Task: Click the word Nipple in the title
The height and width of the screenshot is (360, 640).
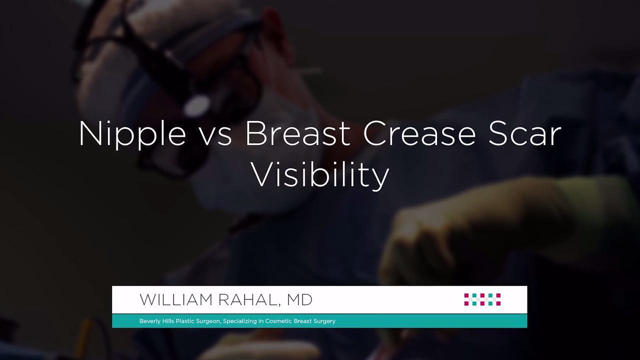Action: coord(132,134)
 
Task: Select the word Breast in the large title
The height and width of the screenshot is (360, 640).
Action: coord(298,133)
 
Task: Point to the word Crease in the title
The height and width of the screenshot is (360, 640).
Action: coord(419,133)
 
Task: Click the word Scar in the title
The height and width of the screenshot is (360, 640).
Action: coord(524,133)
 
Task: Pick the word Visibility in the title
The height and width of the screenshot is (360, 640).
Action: coord(320,174)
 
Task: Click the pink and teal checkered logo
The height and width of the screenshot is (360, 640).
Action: coord(482,299)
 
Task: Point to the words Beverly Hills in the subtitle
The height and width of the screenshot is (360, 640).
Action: coord(156,321)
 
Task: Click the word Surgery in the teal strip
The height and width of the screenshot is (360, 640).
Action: coord(324,321)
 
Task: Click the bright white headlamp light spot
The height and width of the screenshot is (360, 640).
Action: coord(197,105)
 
